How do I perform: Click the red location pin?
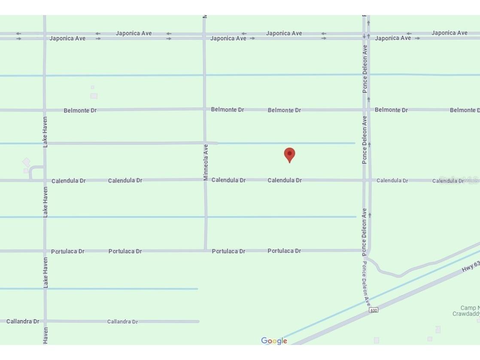289,154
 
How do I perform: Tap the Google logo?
274,341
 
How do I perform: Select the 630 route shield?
374,310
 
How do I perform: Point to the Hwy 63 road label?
471,266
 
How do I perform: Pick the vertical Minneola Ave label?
206,162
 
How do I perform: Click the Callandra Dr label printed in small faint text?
122,321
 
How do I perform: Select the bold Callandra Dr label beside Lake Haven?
23,321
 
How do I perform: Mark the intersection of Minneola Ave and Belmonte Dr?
204,109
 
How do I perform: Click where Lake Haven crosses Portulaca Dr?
45,251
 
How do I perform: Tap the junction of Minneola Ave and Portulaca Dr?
206,250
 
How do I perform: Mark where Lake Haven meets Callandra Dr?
45,321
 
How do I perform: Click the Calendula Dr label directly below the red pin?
285,180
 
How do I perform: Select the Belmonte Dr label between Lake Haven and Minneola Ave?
80,110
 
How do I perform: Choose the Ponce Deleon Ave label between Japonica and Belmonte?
365,69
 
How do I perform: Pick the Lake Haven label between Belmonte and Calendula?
45,132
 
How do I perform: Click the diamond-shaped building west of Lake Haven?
26,162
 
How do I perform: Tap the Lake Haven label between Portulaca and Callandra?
45,272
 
